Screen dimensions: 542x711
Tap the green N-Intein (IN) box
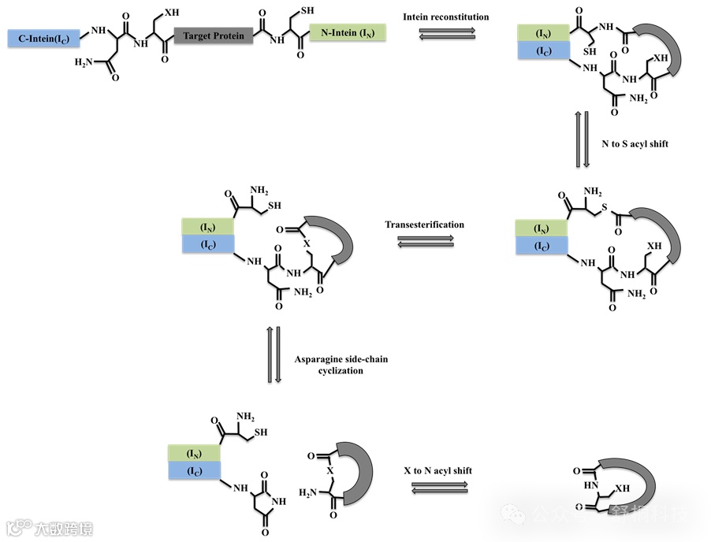[347, 33]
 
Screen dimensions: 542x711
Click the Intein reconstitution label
[445, 17]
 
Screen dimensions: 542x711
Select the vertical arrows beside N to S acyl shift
[582, 140]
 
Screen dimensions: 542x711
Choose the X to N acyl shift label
[437, 470]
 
